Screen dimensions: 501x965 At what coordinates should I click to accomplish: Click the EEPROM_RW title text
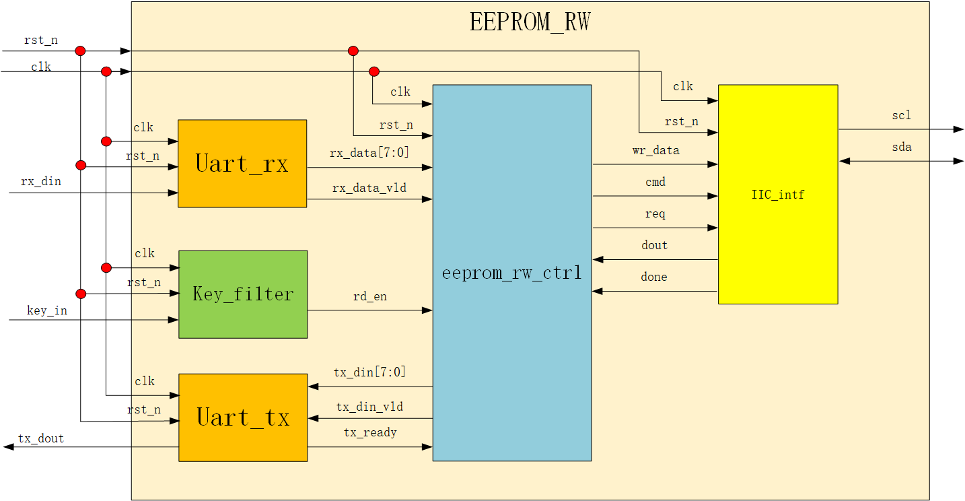(530, 22)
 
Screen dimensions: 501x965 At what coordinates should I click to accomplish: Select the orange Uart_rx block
(242, 164)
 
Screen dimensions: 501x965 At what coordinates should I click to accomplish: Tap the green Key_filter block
(243, 294)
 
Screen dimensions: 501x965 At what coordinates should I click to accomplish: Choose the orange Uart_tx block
(243, 417)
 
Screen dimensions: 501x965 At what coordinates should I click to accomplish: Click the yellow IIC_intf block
(777, 195)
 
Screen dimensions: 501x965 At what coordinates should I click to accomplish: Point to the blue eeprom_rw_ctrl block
(511, 273)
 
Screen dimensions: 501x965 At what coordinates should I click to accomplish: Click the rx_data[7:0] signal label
(369, 153)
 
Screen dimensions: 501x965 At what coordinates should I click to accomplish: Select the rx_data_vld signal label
(369, 188)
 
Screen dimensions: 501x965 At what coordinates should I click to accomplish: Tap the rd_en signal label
(370, 296)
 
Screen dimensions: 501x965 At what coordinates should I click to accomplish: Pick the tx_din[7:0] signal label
(369, 372)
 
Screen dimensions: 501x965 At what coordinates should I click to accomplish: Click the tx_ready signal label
(370, 432)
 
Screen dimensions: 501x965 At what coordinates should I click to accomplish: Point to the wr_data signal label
(655, 150)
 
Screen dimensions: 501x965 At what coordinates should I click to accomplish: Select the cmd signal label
(655, 182)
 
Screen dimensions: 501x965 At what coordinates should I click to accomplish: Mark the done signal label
(654, 277)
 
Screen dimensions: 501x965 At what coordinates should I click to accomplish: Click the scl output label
(901, 115)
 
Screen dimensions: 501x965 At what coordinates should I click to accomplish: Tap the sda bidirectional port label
(901, 147)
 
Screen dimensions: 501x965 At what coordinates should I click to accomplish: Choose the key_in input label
(47, 310)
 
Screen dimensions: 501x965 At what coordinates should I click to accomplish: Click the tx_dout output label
(41, 438)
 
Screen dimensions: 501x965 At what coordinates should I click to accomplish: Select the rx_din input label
(41, 181)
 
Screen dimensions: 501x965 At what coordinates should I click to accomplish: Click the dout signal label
(654, 245)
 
